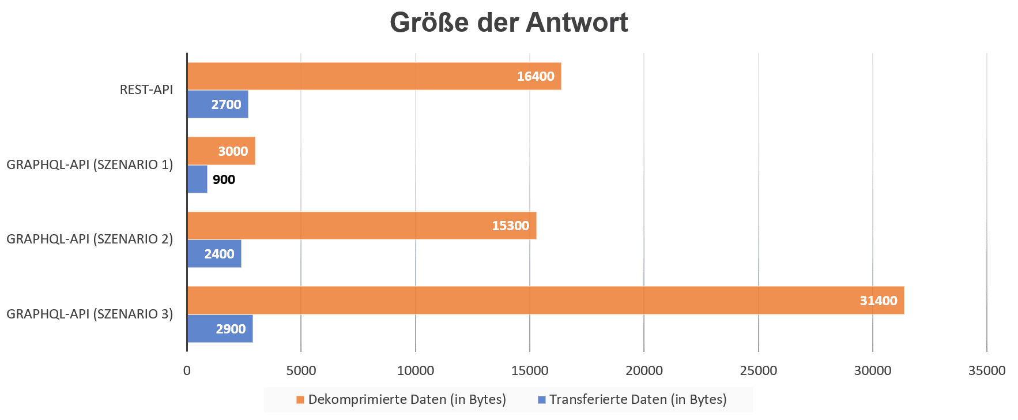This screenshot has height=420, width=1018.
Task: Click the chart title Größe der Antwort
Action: [508, 23]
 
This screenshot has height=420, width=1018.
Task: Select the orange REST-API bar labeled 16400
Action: [374, 76]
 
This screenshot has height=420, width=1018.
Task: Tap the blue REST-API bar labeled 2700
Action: [217, 104]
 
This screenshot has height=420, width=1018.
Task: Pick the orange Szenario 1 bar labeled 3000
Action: [221, 151]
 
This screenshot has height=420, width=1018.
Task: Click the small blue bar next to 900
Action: [197, 179]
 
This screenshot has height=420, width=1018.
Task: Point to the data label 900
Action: [224, 179]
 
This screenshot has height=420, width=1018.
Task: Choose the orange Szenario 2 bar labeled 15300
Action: [361, 226]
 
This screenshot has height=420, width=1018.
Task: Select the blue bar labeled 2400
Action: [214, 254]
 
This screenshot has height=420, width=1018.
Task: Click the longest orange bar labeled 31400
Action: [545, 301]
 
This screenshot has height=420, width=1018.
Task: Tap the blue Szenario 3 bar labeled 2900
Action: [220, 329]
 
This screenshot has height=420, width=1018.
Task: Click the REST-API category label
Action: [146, 90]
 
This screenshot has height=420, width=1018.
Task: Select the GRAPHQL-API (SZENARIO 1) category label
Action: [90, 164]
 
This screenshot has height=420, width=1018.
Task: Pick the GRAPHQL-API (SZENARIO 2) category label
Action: [90, 239]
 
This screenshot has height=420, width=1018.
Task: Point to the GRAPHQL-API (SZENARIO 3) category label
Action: [90, 314]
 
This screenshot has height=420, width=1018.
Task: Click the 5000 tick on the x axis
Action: [301, 370]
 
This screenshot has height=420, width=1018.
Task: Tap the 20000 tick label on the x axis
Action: [644, 370]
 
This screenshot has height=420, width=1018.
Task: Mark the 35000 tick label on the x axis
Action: [986, 370]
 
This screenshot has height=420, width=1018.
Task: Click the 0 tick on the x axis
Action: [187, 370]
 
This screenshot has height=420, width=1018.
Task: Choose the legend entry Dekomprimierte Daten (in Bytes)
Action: [401, 399]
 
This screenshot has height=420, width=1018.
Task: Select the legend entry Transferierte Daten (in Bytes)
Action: [632, 399]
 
